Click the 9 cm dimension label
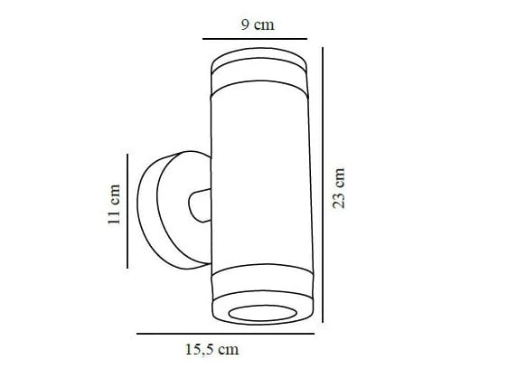[258, 25]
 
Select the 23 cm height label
[340, 187]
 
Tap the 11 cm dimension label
[114, 205]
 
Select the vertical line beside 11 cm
[128, 210]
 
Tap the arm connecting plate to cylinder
[198, 204]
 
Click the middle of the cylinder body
[260, 181]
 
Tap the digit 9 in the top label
[245, 25]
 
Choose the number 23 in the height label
[340, 198]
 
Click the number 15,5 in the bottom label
[197, 349]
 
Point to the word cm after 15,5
[228, 349]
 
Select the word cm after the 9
[264, 25]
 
